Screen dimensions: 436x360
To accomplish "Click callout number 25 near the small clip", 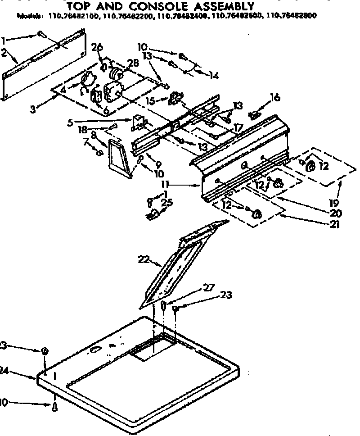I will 167,202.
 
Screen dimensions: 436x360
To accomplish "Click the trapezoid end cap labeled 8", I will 119,158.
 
